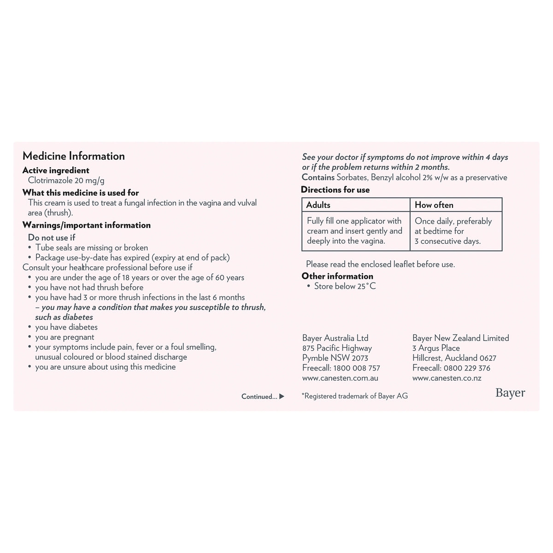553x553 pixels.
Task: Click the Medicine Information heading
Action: pos(74,156)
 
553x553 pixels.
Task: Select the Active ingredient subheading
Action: pos(56,170)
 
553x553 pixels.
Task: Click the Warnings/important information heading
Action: pos(87,225)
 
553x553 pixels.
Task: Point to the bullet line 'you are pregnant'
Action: pos(65,337)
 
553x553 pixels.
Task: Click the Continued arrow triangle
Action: pos(282,396)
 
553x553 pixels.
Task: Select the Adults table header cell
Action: pos(318,205)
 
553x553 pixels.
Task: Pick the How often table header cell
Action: pos(434,205)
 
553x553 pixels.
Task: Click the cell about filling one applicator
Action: pos(354,231)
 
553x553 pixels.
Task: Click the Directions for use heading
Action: pos(335,189)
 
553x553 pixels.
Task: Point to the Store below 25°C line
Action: pos(345,286)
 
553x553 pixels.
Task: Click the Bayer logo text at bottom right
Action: pos(510,393)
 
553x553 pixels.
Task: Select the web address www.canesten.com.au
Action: pos(340,378)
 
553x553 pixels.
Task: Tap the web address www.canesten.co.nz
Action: pos(447,378)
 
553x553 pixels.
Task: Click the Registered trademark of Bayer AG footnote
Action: pos(355,396)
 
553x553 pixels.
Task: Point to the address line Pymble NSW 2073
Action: pos(335,358)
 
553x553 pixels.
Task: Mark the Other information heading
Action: pos(337,276)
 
